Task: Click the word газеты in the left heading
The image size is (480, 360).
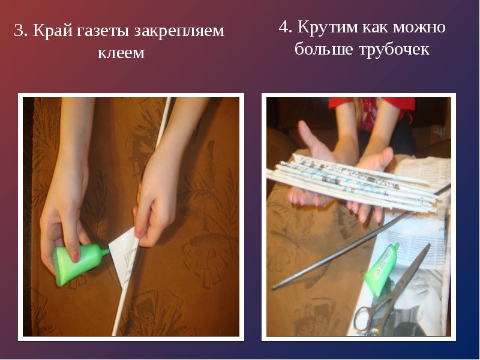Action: point(104,31)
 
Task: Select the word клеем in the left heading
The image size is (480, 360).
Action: point(121,53)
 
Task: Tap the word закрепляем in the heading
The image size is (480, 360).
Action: point(179,31)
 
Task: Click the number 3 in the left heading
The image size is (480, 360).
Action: point(19,31)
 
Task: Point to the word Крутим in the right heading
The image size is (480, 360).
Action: point(328,26)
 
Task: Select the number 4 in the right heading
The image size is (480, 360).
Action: point(284,26)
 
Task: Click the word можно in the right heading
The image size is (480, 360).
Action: point(419,27)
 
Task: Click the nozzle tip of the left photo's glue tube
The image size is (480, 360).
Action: point(108,251)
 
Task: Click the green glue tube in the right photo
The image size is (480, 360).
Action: point(382,269)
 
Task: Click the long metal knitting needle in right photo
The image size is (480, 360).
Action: point(361,236)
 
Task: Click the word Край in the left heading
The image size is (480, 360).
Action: point(53,31)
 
